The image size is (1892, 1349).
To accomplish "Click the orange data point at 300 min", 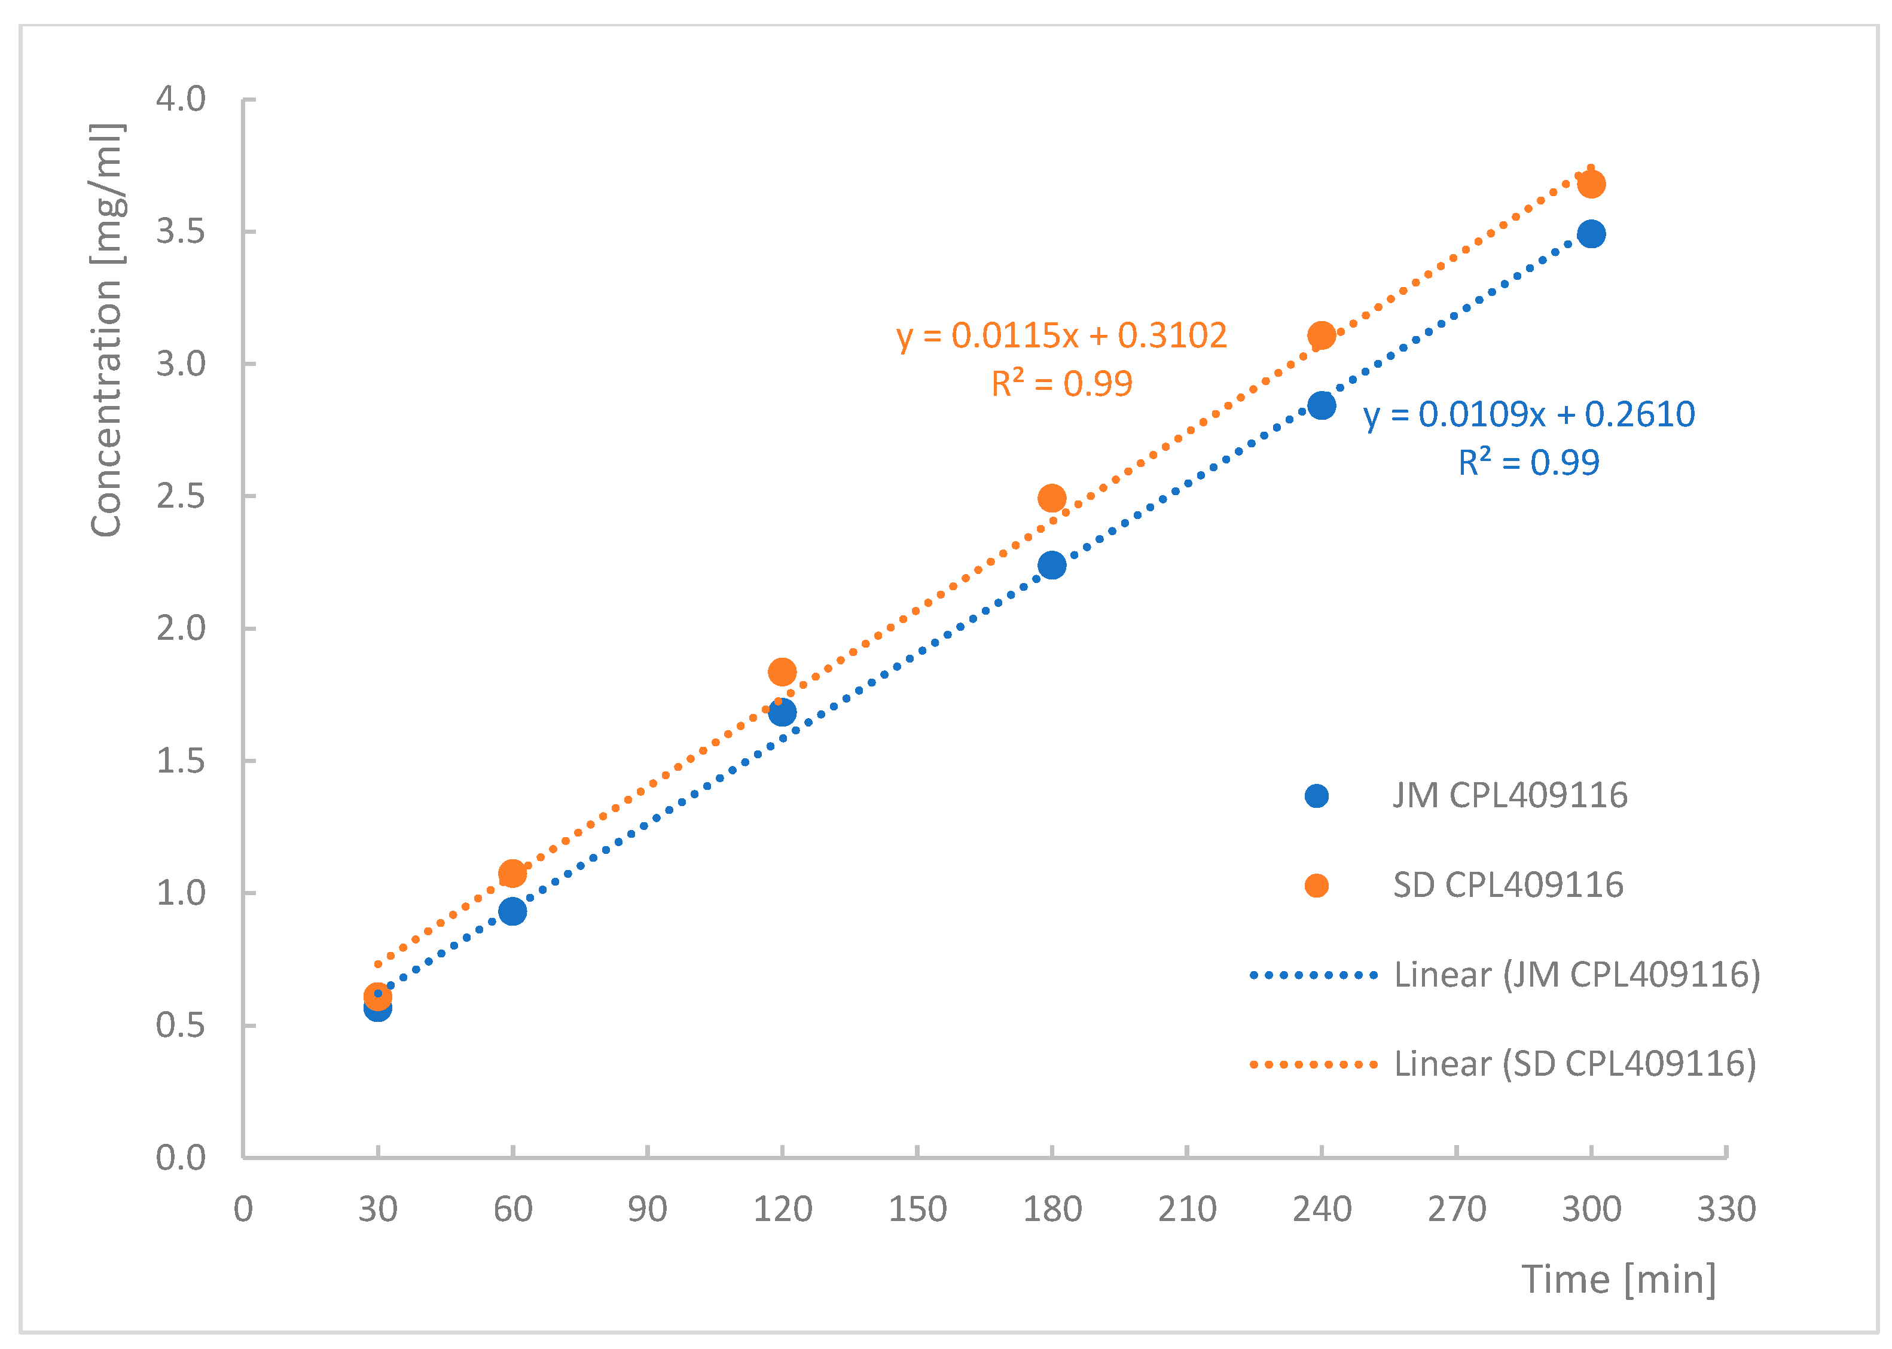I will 1591,184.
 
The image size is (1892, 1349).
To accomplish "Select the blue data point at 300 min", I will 1591,234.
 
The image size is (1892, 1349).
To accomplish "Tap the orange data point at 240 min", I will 1320,335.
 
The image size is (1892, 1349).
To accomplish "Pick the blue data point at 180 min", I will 1051,566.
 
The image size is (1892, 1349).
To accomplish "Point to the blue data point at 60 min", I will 512,911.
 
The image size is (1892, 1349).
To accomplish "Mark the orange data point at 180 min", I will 1051,498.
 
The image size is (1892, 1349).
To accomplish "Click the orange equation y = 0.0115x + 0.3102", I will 1061,335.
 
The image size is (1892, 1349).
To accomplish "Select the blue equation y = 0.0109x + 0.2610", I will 1528,414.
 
